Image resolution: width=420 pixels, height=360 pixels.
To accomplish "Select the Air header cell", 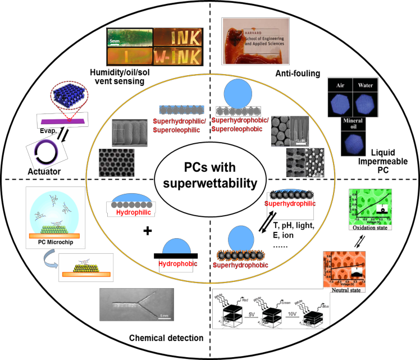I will tap(340, 85).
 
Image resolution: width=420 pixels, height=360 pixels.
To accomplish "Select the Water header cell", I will tap(365, 85).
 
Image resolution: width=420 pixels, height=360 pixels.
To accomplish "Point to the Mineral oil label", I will tap(353, 124).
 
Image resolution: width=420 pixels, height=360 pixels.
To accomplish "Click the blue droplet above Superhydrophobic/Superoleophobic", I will tap(238, 93).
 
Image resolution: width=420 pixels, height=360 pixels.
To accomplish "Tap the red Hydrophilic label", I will tap(134, 213).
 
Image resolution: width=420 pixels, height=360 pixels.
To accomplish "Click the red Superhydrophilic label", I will tap(289, 204).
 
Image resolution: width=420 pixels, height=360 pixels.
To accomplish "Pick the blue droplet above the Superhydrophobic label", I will tap(241, 238).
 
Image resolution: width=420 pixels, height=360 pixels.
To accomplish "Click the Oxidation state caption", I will tap(371, 227).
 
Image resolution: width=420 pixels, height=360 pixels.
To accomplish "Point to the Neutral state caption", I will tap(344, 289).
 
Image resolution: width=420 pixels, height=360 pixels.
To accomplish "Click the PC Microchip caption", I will tap(55, 243).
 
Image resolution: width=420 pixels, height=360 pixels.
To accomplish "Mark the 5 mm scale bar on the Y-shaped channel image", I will tap(164, 316).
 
